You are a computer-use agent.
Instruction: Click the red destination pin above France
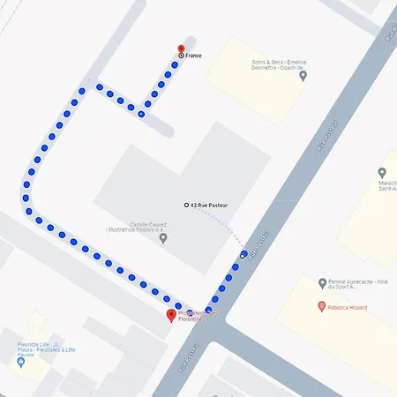point(181,49)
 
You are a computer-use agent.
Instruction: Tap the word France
point(193,56)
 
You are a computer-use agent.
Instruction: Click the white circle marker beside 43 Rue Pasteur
point(186,205)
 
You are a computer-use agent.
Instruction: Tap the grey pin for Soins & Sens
point(303,76)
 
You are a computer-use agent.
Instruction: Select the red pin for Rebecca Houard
point(321,307)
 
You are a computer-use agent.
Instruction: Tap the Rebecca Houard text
point(348,307)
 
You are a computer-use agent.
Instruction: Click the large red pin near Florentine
point(171,315)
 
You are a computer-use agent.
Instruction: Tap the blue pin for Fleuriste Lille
point(20,362)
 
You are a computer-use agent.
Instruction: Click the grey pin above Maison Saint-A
point(382,173)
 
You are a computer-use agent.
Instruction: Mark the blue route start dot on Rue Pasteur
point(243,254)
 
